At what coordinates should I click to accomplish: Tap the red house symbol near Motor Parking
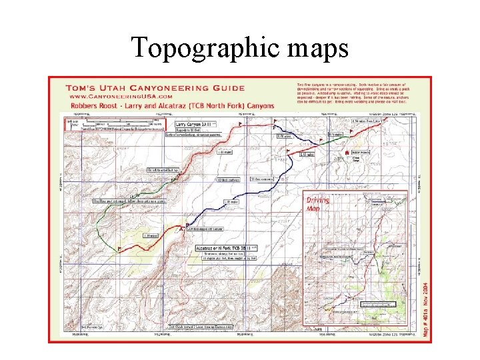[x=347, y=153]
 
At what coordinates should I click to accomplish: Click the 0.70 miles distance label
[x=285, y=137]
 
